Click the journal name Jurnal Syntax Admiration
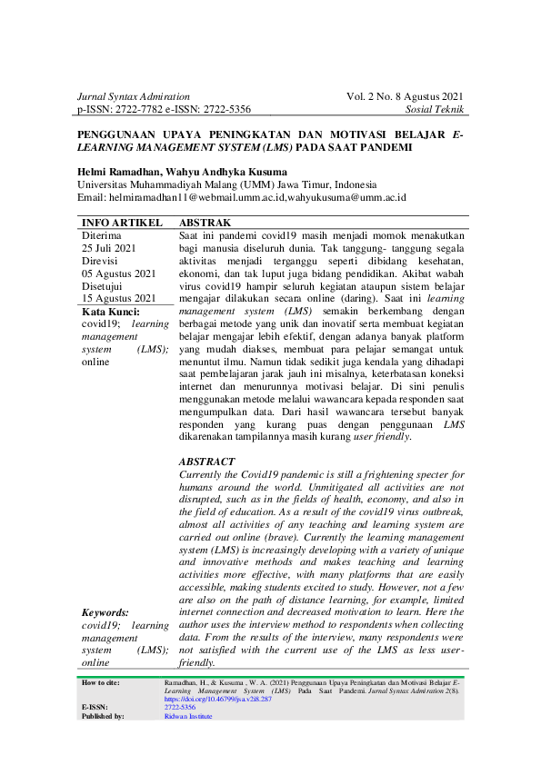coord(133,96)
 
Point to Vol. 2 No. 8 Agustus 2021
coord(405,96)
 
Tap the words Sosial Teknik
coord(438,110)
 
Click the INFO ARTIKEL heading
coord(122,223)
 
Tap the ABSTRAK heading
coord(205,223)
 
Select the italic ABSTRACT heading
coord(207,462)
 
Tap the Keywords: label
coord(105,613)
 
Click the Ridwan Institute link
coord(188,716)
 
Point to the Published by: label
coord(103,716)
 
